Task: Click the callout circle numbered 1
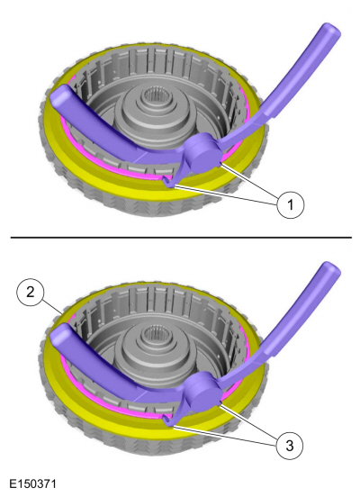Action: pos(291,204)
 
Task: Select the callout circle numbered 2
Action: pos(30,292)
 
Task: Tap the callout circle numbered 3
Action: pos(290,446)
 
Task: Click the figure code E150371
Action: pos(32,484)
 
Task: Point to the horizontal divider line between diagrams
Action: pos(181,237)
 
